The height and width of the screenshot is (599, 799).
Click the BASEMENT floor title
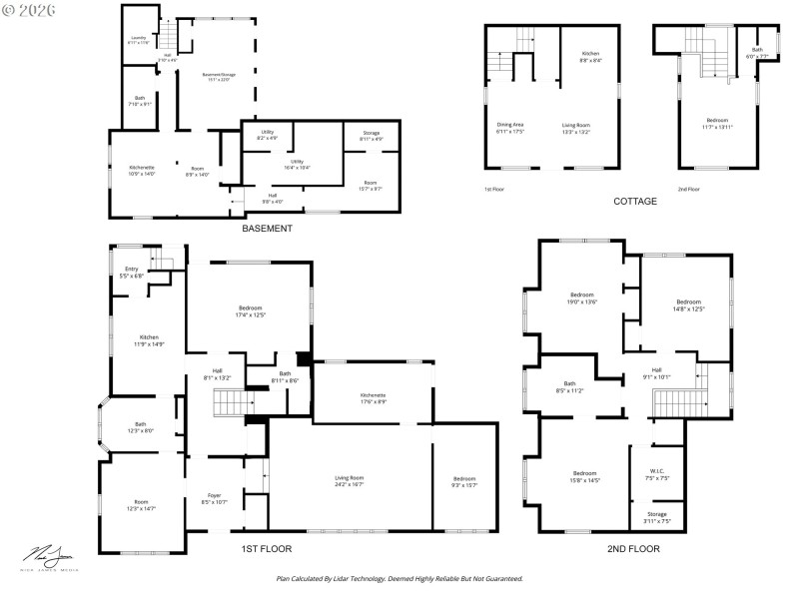(x=267, y=229)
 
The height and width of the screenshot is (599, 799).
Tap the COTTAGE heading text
(x=634, y=201)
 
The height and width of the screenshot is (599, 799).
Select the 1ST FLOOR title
(x=267, y=548)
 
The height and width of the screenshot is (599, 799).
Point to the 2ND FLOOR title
(x=633, y=548)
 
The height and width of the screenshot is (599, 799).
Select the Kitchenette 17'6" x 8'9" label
(x=373, y=398)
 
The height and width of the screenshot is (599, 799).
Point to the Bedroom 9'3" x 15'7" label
(x=464, y=481)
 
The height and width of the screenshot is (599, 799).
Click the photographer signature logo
(x=47, y=556)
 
